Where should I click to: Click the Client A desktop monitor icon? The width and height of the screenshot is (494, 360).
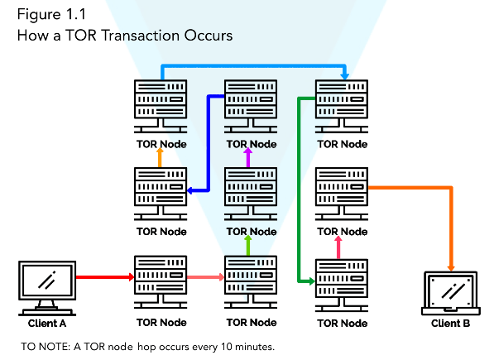[47, 288]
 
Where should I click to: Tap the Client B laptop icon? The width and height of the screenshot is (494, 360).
[451, 293]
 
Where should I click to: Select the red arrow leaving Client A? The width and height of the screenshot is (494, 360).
[105, 277]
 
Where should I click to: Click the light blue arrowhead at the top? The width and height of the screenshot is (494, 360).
[345, 76]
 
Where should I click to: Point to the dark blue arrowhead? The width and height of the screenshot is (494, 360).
[190, 190]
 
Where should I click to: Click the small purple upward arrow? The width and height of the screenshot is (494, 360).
[248, 157]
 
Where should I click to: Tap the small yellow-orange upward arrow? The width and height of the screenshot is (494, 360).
[160, 157]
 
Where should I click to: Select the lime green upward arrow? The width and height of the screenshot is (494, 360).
[248, 245]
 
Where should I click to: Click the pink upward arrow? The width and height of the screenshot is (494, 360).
[338, 247]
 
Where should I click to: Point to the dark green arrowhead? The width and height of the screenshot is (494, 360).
[312, 281]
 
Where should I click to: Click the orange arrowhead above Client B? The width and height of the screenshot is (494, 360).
[451, 267]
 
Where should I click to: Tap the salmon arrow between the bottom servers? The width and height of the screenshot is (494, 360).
[206, 277]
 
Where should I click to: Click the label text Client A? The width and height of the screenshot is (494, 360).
[47, 323]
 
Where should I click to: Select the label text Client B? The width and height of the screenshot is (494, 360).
[450, 323]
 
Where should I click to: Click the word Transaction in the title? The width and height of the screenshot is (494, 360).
[141, 36]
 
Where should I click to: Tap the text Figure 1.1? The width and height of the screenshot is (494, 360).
[51, 15]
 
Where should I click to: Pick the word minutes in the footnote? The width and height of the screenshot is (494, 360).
[255, 347]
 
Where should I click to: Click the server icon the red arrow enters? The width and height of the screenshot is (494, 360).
[161, 282]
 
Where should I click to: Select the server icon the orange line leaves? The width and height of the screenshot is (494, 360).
[342, 194]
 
